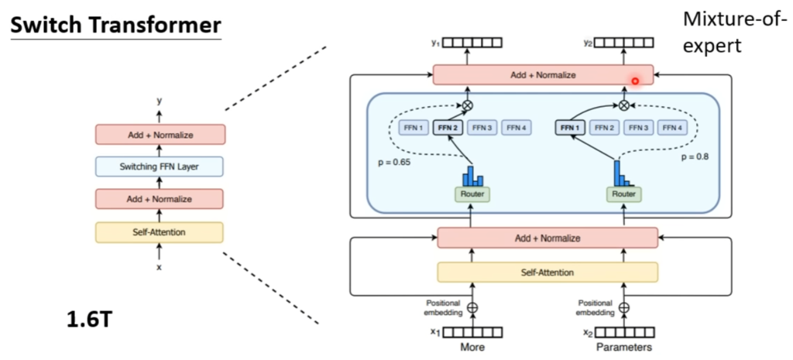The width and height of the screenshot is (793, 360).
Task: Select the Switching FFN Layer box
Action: (x=160, y=167)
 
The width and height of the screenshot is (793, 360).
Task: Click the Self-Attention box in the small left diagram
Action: (x=160, y=232)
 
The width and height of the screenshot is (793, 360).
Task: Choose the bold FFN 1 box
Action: (x=570, y=128)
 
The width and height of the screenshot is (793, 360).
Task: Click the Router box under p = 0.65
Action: (x=473, y=194)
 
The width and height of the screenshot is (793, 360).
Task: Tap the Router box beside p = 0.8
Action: (x=624, y=194)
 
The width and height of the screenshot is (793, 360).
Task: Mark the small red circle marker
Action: (x=635, y=81)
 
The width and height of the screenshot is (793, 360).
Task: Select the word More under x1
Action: (x=473, y=348)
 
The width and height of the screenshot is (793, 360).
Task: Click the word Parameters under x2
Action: (x=623, y=348)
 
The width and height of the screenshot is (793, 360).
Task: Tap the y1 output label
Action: (x=435, y=43)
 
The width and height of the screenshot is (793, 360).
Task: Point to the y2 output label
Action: (x=587, y=43)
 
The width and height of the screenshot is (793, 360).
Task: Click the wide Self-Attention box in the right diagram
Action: (x=548, y=272)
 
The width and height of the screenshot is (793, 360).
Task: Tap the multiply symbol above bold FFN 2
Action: (x=466, y=105)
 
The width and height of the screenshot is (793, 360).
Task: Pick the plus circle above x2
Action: (x=625, y=307)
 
